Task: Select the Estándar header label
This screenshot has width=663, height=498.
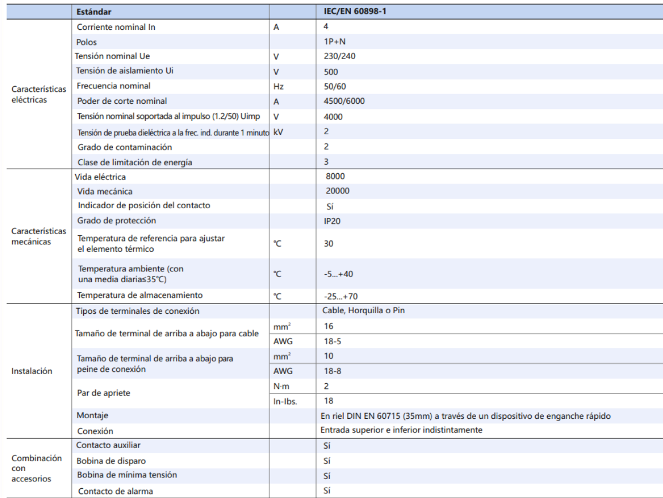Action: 94,11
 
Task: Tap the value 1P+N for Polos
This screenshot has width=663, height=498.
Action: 336,42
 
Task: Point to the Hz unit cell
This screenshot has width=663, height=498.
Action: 279,87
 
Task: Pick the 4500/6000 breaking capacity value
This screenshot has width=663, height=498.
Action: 344,101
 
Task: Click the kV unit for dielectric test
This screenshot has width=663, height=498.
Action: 279,131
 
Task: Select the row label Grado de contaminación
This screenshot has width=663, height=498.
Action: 124,147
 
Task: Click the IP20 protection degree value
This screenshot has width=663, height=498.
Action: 333,221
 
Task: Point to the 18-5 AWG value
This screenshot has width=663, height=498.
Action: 333,341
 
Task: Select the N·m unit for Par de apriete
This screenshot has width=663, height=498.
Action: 281,386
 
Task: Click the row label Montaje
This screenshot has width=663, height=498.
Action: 92,415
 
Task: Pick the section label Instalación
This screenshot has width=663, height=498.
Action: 32,371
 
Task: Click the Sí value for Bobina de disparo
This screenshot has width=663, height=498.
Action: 327,461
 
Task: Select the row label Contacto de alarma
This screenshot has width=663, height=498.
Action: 115,491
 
